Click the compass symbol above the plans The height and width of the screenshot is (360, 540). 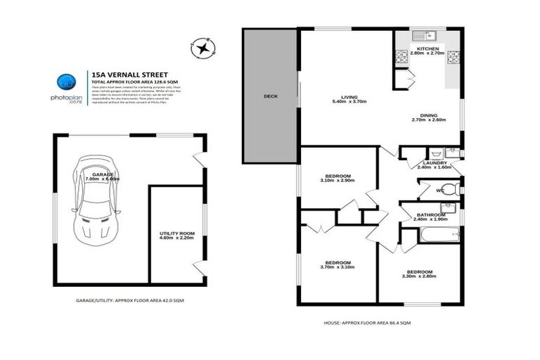[x=203, y=48]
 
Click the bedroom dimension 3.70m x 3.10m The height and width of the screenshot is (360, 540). [x=338, y=267]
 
